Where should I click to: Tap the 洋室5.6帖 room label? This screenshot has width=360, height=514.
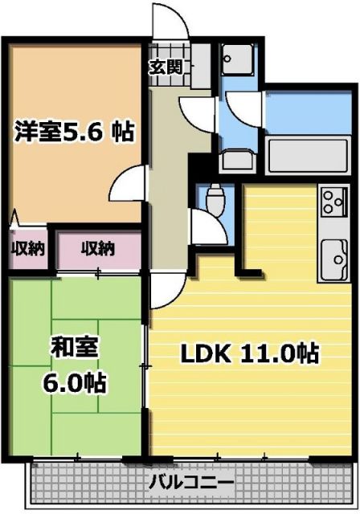74,131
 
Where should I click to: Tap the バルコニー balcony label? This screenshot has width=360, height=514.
191,483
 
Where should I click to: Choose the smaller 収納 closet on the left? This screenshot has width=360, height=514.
26,249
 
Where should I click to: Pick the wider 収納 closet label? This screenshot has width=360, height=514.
96,249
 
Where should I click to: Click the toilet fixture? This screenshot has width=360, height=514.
215,198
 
